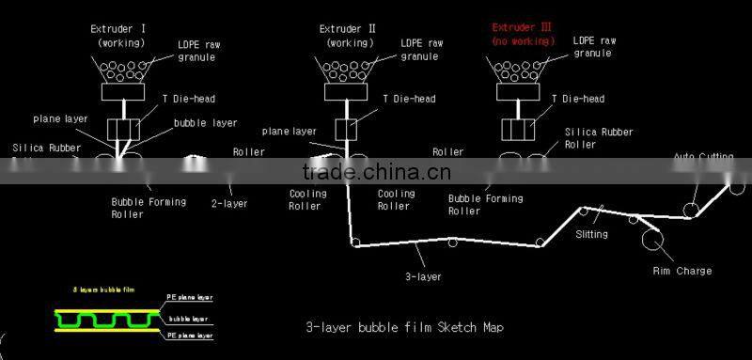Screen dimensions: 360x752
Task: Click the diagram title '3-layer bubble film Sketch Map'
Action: (x=404, y=327)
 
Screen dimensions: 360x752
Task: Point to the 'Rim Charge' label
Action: (x=681, y=272)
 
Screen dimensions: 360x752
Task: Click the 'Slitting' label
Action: (x=591, y=234)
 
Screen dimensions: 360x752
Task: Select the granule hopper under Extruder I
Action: (x=123, y=70)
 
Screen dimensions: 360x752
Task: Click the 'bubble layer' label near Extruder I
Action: (x=205, y=123)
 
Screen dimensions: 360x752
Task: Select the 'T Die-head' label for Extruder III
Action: (x=578, y=99)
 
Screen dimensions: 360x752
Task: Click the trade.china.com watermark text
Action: (x=376, y=172)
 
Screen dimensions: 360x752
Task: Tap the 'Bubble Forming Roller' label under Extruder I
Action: (x=149, y=208)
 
